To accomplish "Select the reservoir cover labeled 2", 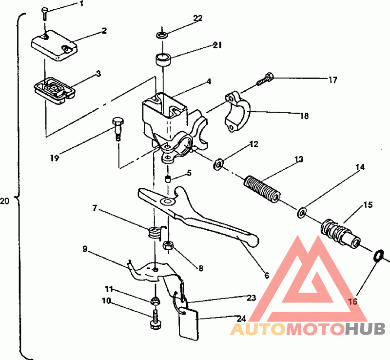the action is (x=54, y=45).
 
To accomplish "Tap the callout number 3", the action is (x=98, y=74).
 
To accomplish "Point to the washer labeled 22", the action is (x=162, y=35).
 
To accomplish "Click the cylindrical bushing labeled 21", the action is (x=163, y=60).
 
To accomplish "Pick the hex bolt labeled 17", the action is (x=265, y=79).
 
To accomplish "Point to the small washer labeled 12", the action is (x=218, y=164).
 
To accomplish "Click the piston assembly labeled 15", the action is (x=340, y=234).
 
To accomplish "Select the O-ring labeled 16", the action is (x=379, y=256).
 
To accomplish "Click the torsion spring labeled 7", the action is (x=156, y=233).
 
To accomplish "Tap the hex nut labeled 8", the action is (x=168, y=246).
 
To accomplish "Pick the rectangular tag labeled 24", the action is (x=188, y=323).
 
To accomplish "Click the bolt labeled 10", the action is (x=155, y=320).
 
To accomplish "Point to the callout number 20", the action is (x=5, y=201).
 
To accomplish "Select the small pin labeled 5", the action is (x=168, y=179).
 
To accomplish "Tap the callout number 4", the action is (x=209, y=81).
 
